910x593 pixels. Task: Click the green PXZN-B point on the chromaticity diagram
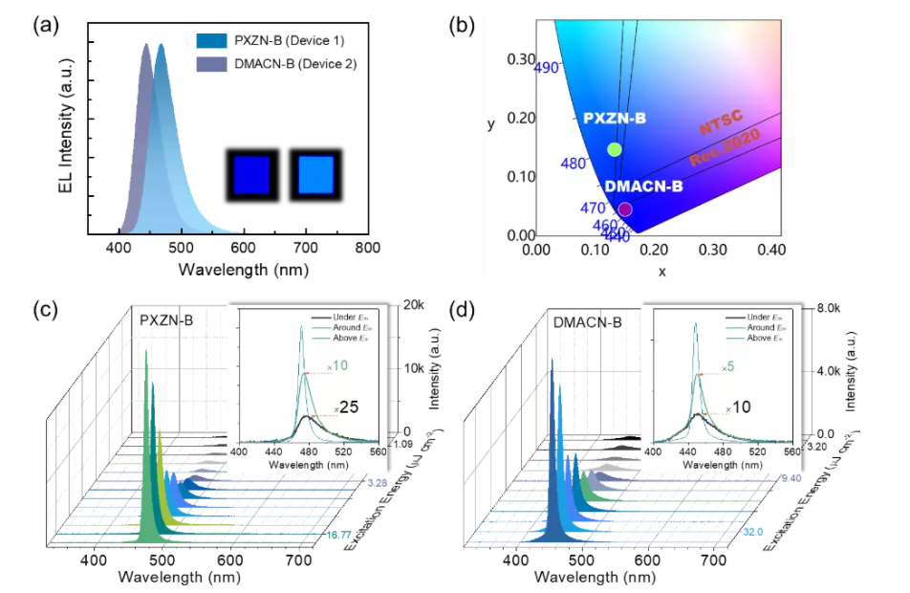pos(615,149)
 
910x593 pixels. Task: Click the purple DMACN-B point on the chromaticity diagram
pos(625,209)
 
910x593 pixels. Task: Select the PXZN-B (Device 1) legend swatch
pos(208,41)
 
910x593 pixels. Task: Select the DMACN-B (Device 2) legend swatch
pos(208,65)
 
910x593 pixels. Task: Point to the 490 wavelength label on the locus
pos(547,69)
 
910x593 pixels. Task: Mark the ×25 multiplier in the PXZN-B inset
pos(346,408)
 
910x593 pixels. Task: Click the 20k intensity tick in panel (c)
pos(413,305)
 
